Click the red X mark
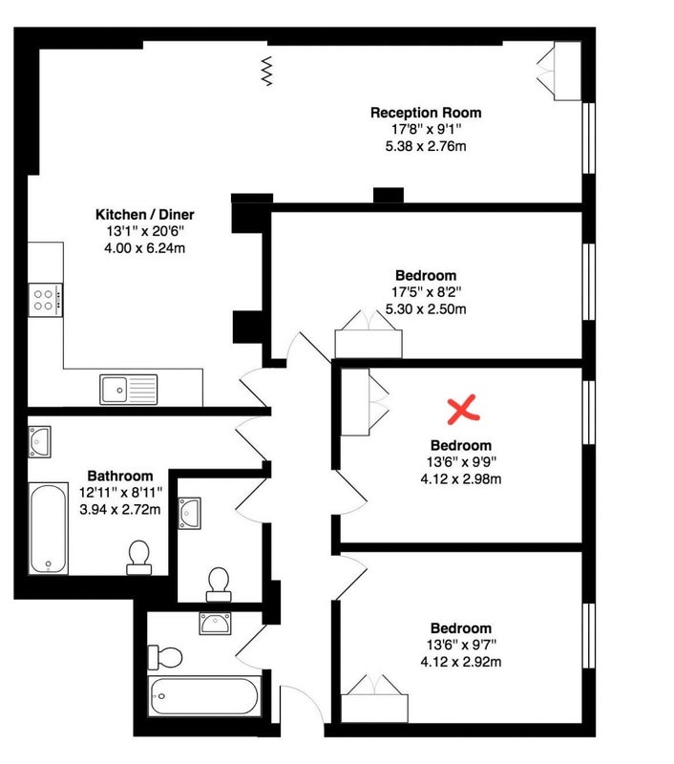pyautogui.click(x=463, y=409)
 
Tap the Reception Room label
pyautogui.click(x=426, y=113)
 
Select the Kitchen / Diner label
pyautogui.click(x=145, y=214)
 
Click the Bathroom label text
pyautogui.click(x=119, y=476)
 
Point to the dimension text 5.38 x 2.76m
pyautogui.click(x=426, y=146)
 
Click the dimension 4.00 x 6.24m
pyautogui.click(x=145, y=248)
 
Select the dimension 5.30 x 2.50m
pyautogui.click(x=426, y=308)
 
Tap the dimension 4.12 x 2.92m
pyautogui.click(x=461, y=662)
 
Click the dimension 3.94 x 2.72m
pyautogui.click(x=119, y=509)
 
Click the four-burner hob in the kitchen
pyautogui.click(x=45, y=300)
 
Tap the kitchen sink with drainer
pyautogui.click(x=129, y=390)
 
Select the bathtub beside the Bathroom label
pyautogui.click(x=49, y=529)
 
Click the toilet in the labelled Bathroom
pyautogui.click(x=138, y=558)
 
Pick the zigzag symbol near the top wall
pyautogui.click(x=266, y=71)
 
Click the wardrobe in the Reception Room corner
pyautogui.click(x=560, y=71)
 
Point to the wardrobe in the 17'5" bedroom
pyautogui.click(x=369, y=335)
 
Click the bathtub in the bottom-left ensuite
pyautogui.click(x=204, y=696)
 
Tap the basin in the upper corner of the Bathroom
pyautogui.click(x=39, y=442)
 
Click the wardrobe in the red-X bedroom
pyautogui.click(x=365, y=402)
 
